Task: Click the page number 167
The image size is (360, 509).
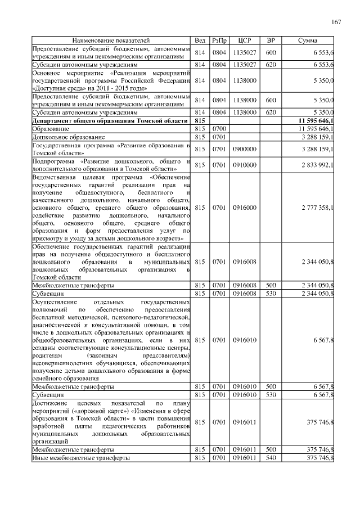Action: pos(336,22)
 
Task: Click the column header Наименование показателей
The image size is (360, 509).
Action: pos(111,41)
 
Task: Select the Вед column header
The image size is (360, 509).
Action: pos(200,41)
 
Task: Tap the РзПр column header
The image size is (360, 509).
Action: pos(219,41)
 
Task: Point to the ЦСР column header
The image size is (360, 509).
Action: pos(244,41)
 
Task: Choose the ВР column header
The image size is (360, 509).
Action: pos(271,41)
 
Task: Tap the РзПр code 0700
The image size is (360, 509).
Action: pos(219,129)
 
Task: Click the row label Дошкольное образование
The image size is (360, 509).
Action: pos(68,137)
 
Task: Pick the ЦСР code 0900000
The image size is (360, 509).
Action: pos(244,148)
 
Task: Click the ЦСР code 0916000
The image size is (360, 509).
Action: pos(244,208)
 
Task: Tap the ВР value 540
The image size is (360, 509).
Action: pos(271,458)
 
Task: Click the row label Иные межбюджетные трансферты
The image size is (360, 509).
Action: pos(81,458)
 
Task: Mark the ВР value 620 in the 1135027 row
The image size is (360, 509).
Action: pos(271,65)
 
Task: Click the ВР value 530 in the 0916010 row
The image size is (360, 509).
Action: pos(271,395)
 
